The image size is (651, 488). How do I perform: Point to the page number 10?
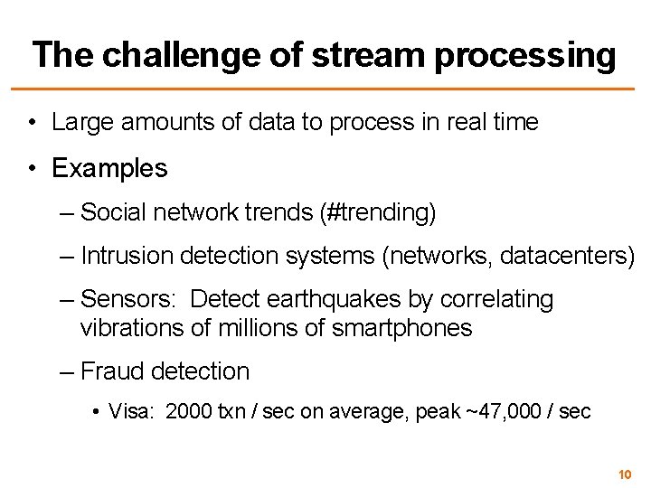(x=624, y=474)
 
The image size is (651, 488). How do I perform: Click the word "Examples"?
(x=109, y=168)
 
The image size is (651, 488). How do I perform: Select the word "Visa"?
(x=129, y=412)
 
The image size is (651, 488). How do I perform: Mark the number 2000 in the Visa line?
(x=184, y=412)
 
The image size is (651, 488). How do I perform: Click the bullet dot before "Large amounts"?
(x=32, y=123)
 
